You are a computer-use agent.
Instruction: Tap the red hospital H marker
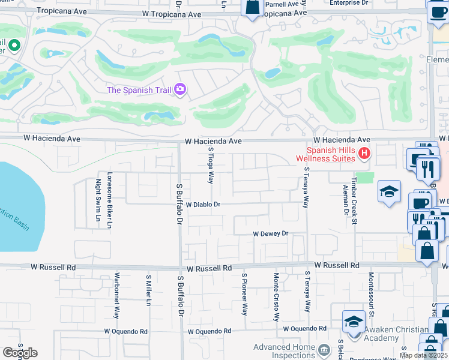pyautogui.click(x=364, y=154)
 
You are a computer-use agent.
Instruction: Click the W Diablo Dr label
pyautogui.click(x=203, y=205)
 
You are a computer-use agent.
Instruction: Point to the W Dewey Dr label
pyautogui.click(x=271, y=233)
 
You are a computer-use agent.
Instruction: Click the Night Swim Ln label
pyautogui.click(x=98, y=200)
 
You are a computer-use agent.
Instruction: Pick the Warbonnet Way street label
pyautogui.click(x=118, y=296)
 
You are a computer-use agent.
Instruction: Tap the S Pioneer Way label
pyautogui.click(x=244, y=295)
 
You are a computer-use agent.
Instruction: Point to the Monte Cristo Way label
pyautogui.click(x=276, y=298)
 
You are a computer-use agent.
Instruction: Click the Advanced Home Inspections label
pyautogui.click(x=285, y=351)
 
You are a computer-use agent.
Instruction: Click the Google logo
pyautogui.click(x=19, y=353)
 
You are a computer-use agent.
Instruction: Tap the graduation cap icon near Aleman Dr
pyautogui.click(x=389, y=192)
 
